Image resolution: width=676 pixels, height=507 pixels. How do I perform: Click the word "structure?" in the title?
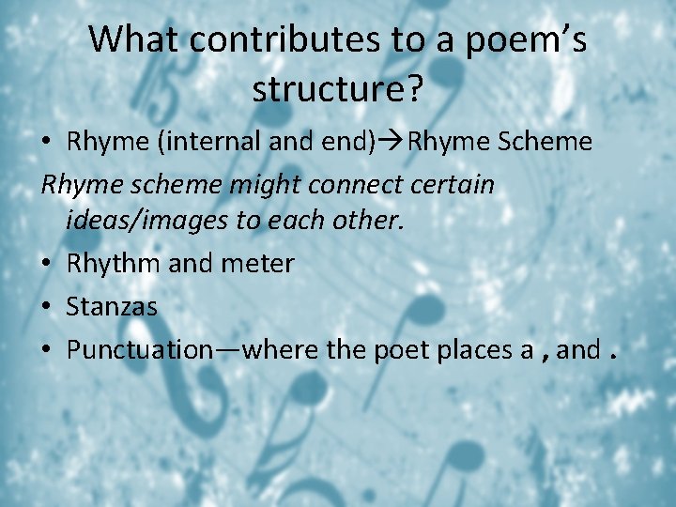point(337,90)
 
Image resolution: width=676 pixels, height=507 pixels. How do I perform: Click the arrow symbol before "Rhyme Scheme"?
point(392,142)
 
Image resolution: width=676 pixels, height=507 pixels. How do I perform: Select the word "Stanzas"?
point(112,307)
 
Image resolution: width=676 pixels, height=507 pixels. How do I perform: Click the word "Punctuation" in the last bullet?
point(140,350)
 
